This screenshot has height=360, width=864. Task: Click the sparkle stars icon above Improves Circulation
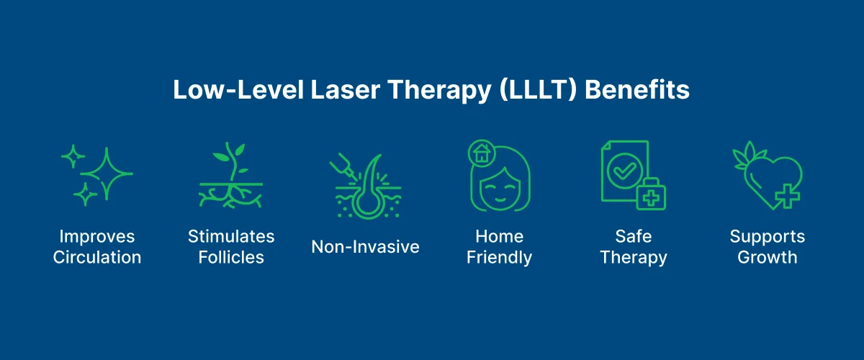[96, 175]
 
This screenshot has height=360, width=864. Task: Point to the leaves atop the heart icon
[745, 153]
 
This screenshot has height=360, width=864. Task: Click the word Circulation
[97, 258]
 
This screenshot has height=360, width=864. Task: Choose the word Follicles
[231, 258]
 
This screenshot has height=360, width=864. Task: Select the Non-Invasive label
[365, 247]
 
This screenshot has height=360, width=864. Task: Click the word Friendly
[499, 258]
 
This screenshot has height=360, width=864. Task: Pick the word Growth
[767, 258]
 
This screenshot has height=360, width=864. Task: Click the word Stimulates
[231, 236]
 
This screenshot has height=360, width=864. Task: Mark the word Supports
[767, 236]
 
